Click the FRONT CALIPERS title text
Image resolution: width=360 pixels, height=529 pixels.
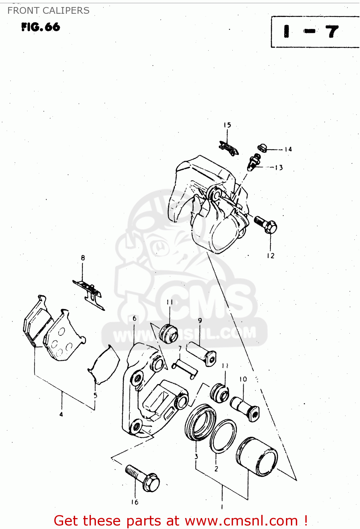pyautogui.click(x=48, y=11)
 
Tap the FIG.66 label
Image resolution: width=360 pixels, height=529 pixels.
pyautogui.click(x=41, y=27)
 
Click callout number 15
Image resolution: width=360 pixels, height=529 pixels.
pyautogui.click(x=227, y=125)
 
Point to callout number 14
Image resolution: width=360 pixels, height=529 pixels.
pyautogui.click(x=288, y=149)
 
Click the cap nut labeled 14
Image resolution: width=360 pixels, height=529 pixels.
pyautogui.click(x=262, y=147)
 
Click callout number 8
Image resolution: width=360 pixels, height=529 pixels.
pyautogui.click(x=83, y=258)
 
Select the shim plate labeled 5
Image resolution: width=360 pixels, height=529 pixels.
pyautogui.click(x=104, y=365)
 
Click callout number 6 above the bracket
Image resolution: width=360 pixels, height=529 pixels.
pyautogui.click(x=134, y=318)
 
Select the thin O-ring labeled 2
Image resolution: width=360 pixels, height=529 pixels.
pyautogui.click(x=223, y=436)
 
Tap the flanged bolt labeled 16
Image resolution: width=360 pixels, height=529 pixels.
pyautogui.click(x=143, y=478)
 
